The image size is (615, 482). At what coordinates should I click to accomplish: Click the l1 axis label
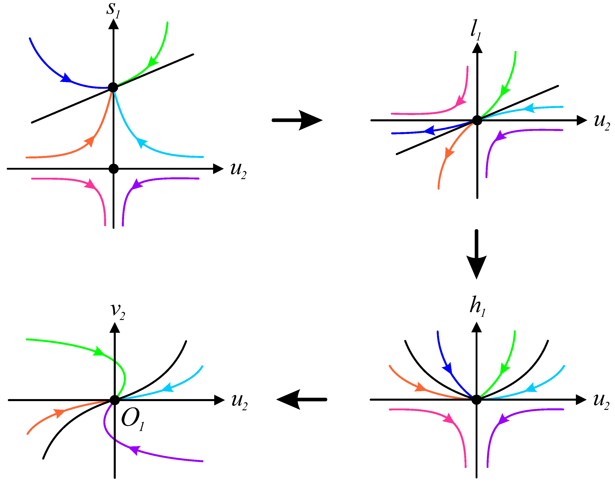click(x=476, y=30)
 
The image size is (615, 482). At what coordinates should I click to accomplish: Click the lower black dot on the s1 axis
click(x=114, y=169)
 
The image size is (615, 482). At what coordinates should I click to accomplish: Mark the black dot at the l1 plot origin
click(x=477, y=120)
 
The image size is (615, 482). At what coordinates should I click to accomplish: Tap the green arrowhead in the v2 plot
click(x=99, y=352)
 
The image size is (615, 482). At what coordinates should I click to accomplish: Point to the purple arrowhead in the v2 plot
click(x=135, y=449)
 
